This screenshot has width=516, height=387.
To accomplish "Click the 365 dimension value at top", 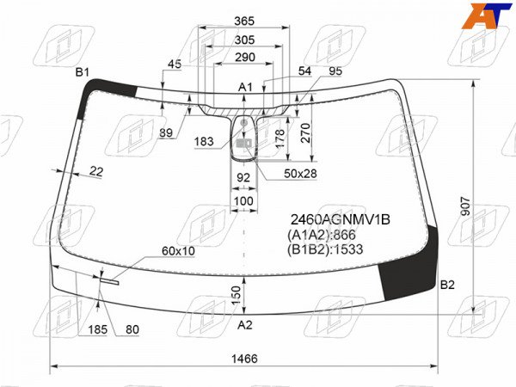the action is [244, 21].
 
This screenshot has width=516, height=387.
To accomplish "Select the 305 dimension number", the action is [244, 40].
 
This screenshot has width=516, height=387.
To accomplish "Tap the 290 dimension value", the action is [245, 58].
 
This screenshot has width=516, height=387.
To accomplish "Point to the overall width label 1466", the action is [244, 359].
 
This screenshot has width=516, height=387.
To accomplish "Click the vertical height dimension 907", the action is [465, 206].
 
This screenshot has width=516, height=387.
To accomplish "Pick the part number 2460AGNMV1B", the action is [341, 219].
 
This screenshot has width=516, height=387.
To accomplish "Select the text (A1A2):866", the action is [322, 235].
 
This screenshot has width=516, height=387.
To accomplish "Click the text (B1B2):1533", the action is [325, 249].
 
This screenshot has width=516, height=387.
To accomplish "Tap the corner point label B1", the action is [83, 71].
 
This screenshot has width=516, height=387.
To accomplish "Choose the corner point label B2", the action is [447, 285].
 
